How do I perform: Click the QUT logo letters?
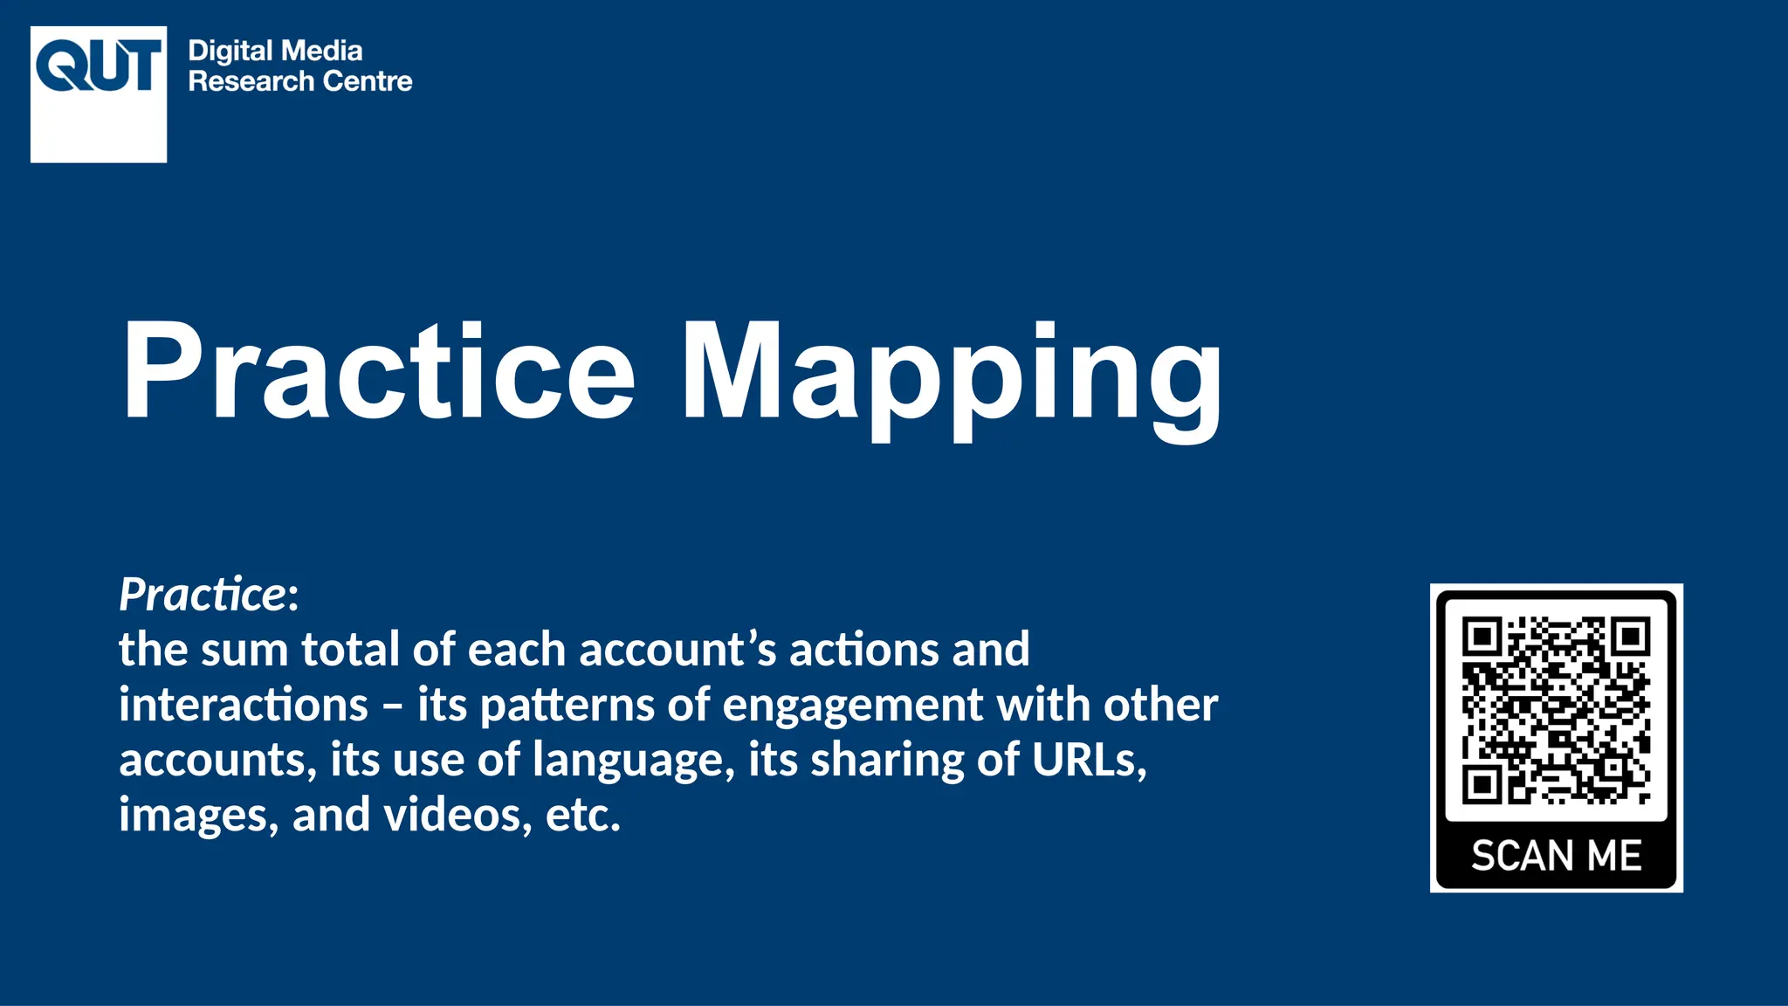tap(99, 67)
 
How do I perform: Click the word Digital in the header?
tap(230, 51)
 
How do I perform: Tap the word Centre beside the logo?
tap(368, 81)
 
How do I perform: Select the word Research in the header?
tap(251, 81)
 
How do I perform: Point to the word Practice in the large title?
tap(380, 371)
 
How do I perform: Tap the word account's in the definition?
tap(677, 650)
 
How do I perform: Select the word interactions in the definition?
tap(244, 705)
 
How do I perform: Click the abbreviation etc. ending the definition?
tap(582, 815)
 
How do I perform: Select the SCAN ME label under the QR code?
tap(1556, 856)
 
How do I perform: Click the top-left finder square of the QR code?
tap(1482, 637)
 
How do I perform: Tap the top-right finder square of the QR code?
tap(1631, 637)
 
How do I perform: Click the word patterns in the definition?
tap(567, 705)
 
